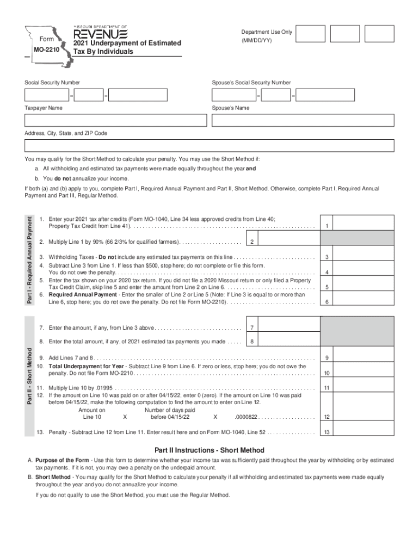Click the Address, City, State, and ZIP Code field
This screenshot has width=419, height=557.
209,146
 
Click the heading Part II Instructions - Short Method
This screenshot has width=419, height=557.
209,450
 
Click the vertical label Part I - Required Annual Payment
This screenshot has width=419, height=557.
30,259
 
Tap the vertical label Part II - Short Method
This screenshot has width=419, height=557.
30,375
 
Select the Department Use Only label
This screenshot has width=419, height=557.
267,32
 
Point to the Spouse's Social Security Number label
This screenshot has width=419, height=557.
251,83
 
